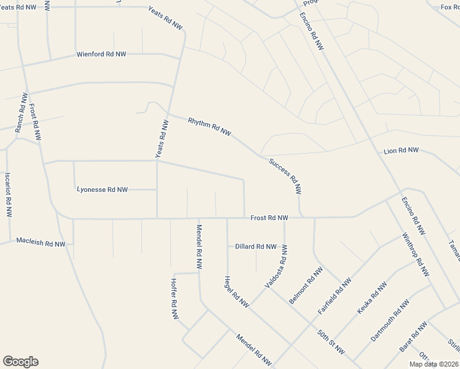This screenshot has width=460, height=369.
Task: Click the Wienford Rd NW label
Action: point(101,54)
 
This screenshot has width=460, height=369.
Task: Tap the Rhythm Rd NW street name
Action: point(209,126)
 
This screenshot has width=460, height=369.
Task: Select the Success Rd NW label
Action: point(287,177)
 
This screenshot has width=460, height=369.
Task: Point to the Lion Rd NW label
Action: point(401,151)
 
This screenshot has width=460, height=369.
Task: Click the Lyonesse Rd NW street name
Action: point(102,189)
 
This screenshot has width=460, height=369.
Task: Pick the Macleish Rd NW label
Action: point(41,243)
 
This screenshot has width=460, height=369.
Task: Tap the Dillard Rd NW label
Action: point(256,247)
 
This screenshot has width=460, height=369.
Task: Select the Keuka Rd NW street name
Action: point(373,298)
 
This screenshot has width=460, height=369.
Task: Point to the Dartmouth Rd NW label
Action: point(390,320)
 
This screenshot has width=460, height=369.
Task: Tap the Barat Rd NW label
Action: point(413,337)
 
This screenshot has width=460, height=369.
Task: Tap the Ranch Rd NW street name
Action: point(20,113)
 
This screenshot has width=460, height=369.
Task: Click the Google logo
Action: point(20,362)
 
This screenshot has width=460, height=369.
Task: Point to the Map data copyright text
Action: point(434,364)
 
